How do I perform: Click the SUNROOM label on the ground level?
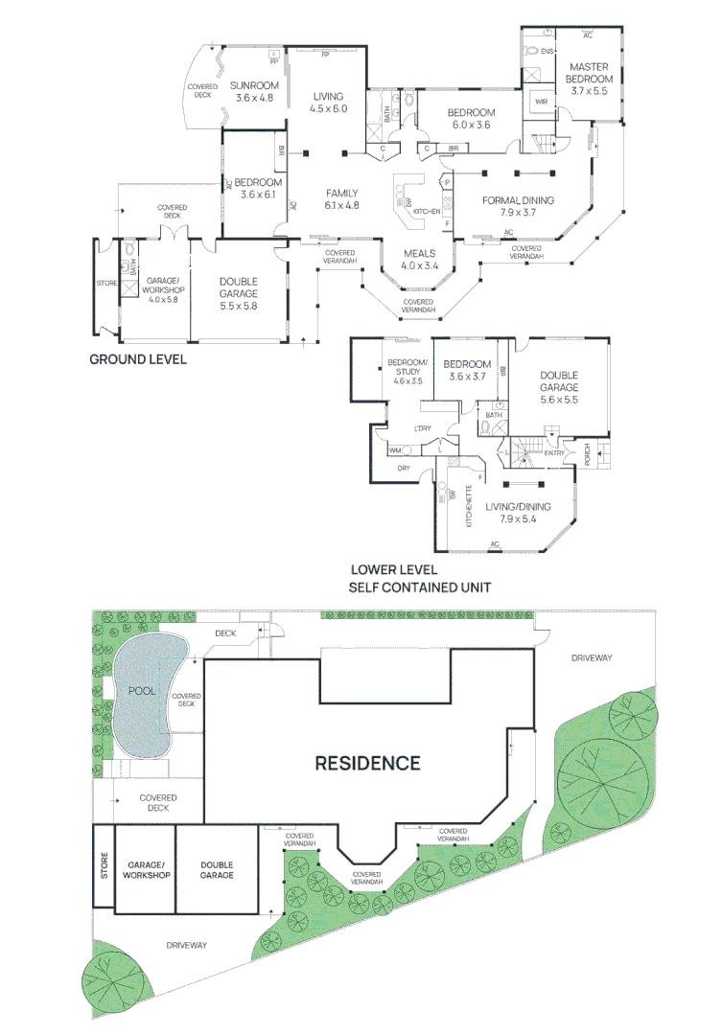coord(255,85)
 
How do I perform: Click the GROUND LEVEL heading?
coord(137,360)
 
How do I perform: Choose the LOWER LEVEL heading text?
coord(395,569)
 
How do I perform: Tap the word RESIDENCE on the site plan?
coord(368,763)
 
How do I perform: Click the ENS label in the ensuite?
coord(548,51)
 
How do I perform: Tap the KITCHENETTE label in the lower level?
coord(469,506)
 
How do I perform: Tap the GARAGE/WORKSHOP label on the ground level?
coord(156,286)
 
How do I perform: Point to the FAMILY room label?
coord(341,193)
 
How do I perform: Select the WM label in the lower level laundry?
coord(394,450)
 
